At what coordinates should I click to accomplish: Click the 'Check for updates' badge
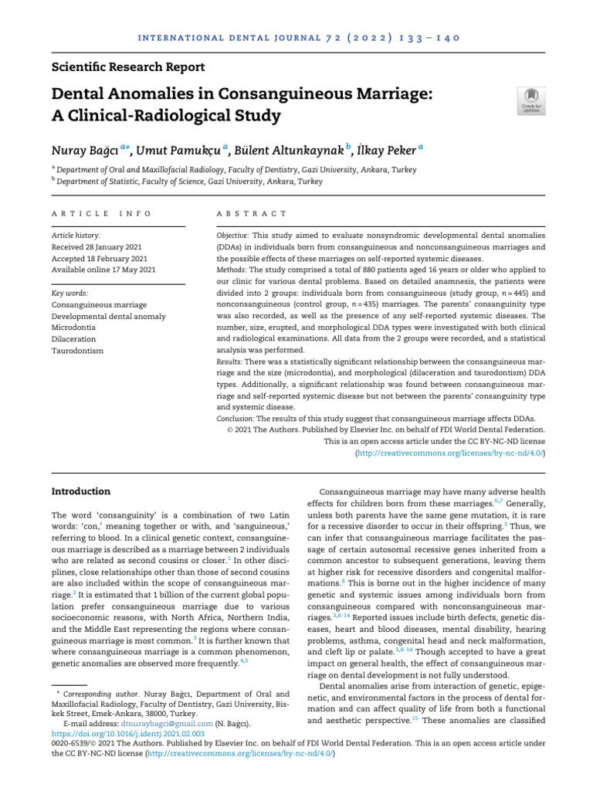[x=531, y=100]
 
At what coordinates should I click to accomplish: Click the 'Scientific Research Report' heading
[x=128, y=67]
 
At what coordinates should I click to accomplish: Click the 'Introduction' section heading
[x=80, y=491]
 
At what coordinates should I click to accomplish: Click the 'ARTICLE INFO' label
[x=101, y=213]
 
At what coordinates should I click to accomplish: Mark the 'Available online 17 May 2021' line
[x=103, y=270]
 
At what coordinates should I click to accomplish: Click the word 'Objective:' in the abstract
[x=232, y=234]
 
